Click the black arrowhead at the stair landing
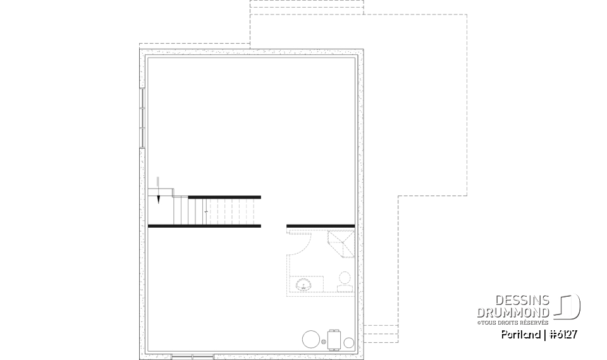click(158, 199)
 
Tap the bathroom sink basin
click(304, 285)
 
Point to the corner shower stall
click(341, 244)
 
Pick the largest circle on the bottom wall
click(311, 339)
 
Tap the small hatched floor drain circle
click(324, 342)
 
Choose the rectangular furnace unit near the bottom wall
click(334, 340)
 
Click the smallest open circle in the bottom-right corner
click(349, 342)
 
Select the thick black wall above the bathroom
click(321, 226)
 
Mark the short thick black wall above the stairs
click(224, 197)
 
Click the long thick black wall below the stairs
click(204, 226)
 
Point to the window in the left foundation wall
click(142, 118)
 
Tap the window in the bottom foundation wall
click(192, 356)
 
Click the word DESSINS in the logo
click(522, 300)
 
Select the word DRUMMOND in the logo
click(513, 313)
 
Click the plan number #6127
click(563, 335)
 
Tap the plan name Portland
click(520, 335)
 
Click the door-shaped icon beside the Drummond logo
click(568, 306)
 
